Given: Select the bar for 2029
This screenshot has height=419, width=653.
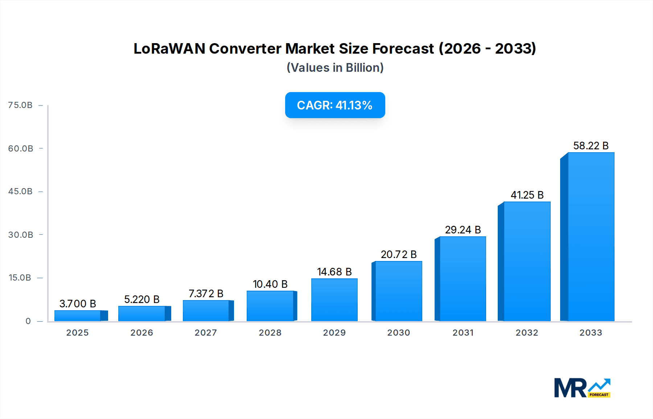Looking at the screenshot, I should click(x=334, y=300).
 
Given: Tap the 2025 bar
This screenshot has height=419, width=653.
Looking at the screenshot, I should click(x=78, y=316).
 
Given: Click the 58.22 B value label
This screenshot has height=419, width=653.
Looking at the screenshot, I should click(x=591, y=146).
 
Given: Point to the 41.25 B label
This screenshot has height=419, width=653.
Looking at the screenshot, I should click(x=527, y=195).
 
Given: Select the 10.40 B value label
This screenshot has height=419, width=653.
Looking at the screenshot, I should click(x=270, y=284).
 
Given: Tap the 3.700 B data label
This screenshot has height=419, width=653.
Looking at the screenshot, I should click(x=78, y=304).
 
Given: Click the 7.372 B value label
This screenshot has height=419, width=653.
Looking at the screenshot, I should click(x=206, y=294).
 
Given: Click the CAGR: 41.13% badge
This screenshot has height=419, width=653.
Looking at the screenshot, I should click(x=335, y=105).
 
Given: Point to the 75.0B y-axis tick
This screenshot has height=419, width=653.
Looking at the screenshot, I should click(x=20, y=105).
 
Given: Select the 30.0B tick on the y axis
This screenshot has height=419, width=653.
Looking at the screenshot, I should click(x=20, y=235).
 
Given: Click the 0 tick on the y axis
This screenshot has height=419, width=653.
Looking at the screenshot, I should click(x=28, y=321).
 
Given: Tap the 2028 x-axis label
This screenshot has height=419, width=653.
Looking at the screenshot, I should click(x=270, y=333).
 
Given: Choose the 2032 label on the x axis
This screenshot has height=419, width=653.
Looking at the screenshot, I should click(x=527, y=333).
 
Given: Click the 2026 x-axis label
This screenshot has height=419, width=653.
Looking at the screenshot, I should click(x=141, y=333).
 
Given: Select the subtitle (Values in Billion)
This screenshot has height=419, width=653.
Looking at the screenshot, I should click(x=335, y=68).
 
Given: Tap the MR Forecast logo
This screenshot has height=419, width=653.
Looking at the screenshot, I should click(x=582, y=388).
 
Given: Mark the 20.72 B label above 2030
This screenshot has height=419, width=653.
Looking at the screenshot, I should click(x=398, y=254).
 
